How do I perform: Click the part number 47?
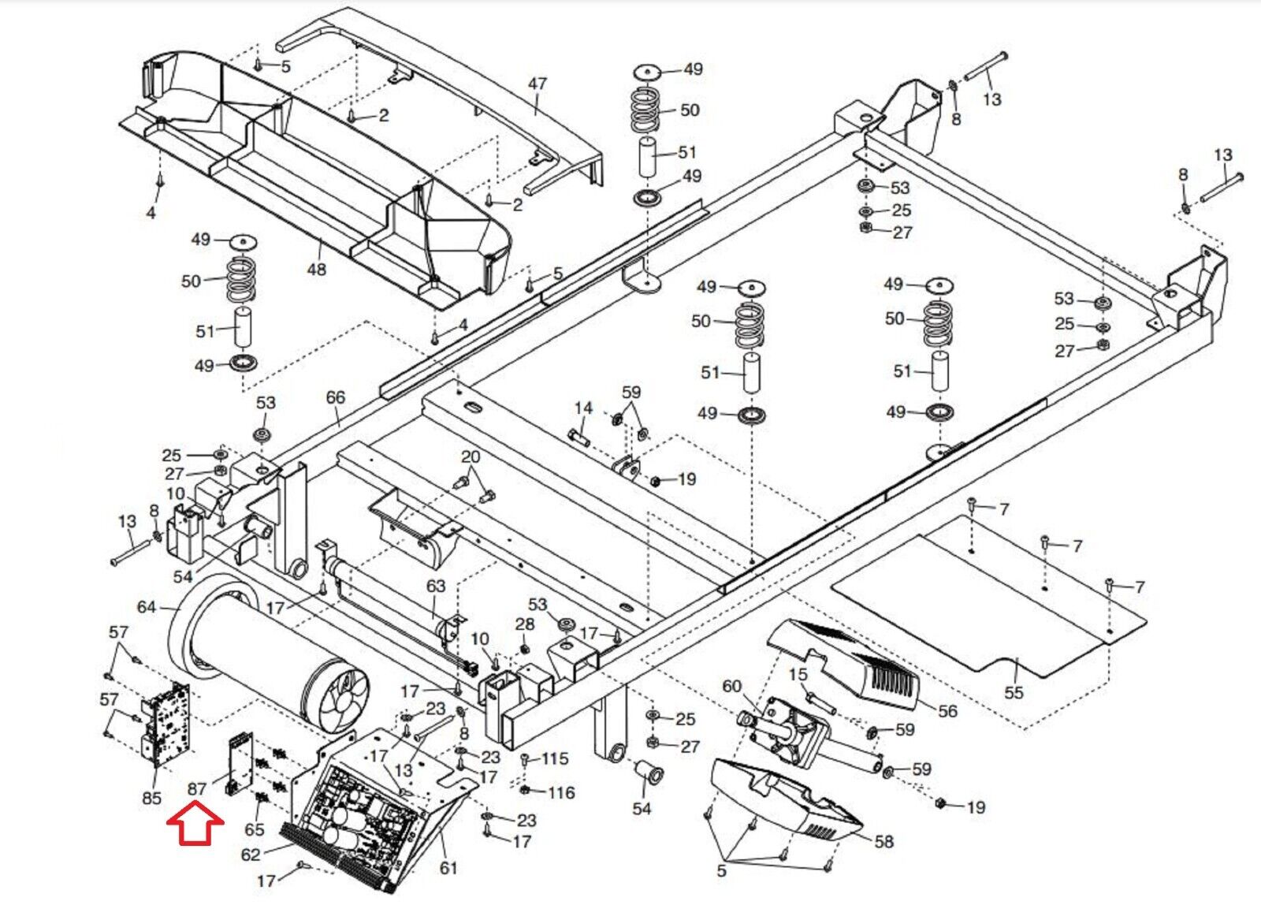pos(537,84)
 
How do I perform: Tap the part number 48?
pos(316,269)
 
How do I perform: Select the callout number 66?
pos(336,397)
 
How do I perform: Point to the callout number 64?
pos(147,608)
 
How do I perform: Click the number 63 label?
pos(435,586)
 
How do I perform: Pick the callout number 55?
pos(1014,691)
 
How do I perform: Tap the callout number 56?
pos(947,711)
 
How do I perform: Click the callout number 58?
pos(883,842)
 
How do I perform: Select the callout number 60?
pos(732,687)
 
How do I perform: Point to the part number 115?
pos(555,759)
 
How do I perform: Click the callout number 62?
pos(251,855)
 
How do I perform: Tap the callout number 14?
pos(584,408)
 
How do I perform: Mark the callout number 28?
pos(525,624)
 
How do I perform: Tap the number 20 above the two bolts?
pos(470,457)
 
